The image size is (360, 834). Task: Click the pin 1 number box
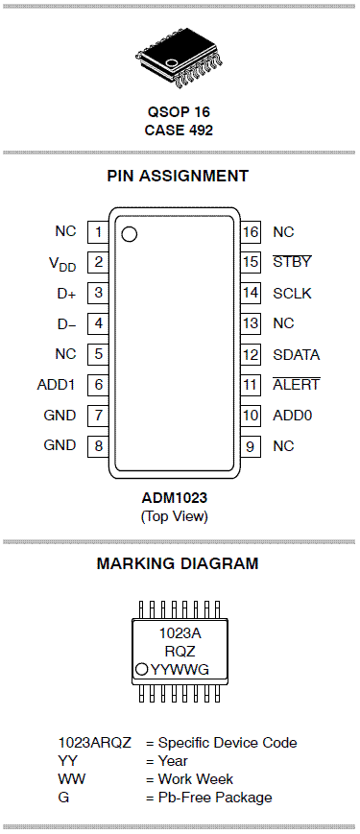98,232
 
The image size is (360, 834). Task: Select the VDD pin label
62,263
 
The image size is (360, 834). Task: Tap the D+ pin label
66,293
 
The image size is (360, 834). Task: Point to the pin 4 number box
98,323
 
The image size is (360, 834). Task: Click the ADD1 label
57,385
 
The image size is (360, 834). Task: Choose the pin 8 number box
98,445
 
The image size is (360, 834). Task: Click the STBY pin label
292,262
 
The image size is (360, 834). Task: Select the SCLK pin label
292,293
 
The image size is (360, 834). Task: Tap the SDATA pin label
297,354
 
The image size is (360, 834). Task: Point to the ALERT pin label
297,384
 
